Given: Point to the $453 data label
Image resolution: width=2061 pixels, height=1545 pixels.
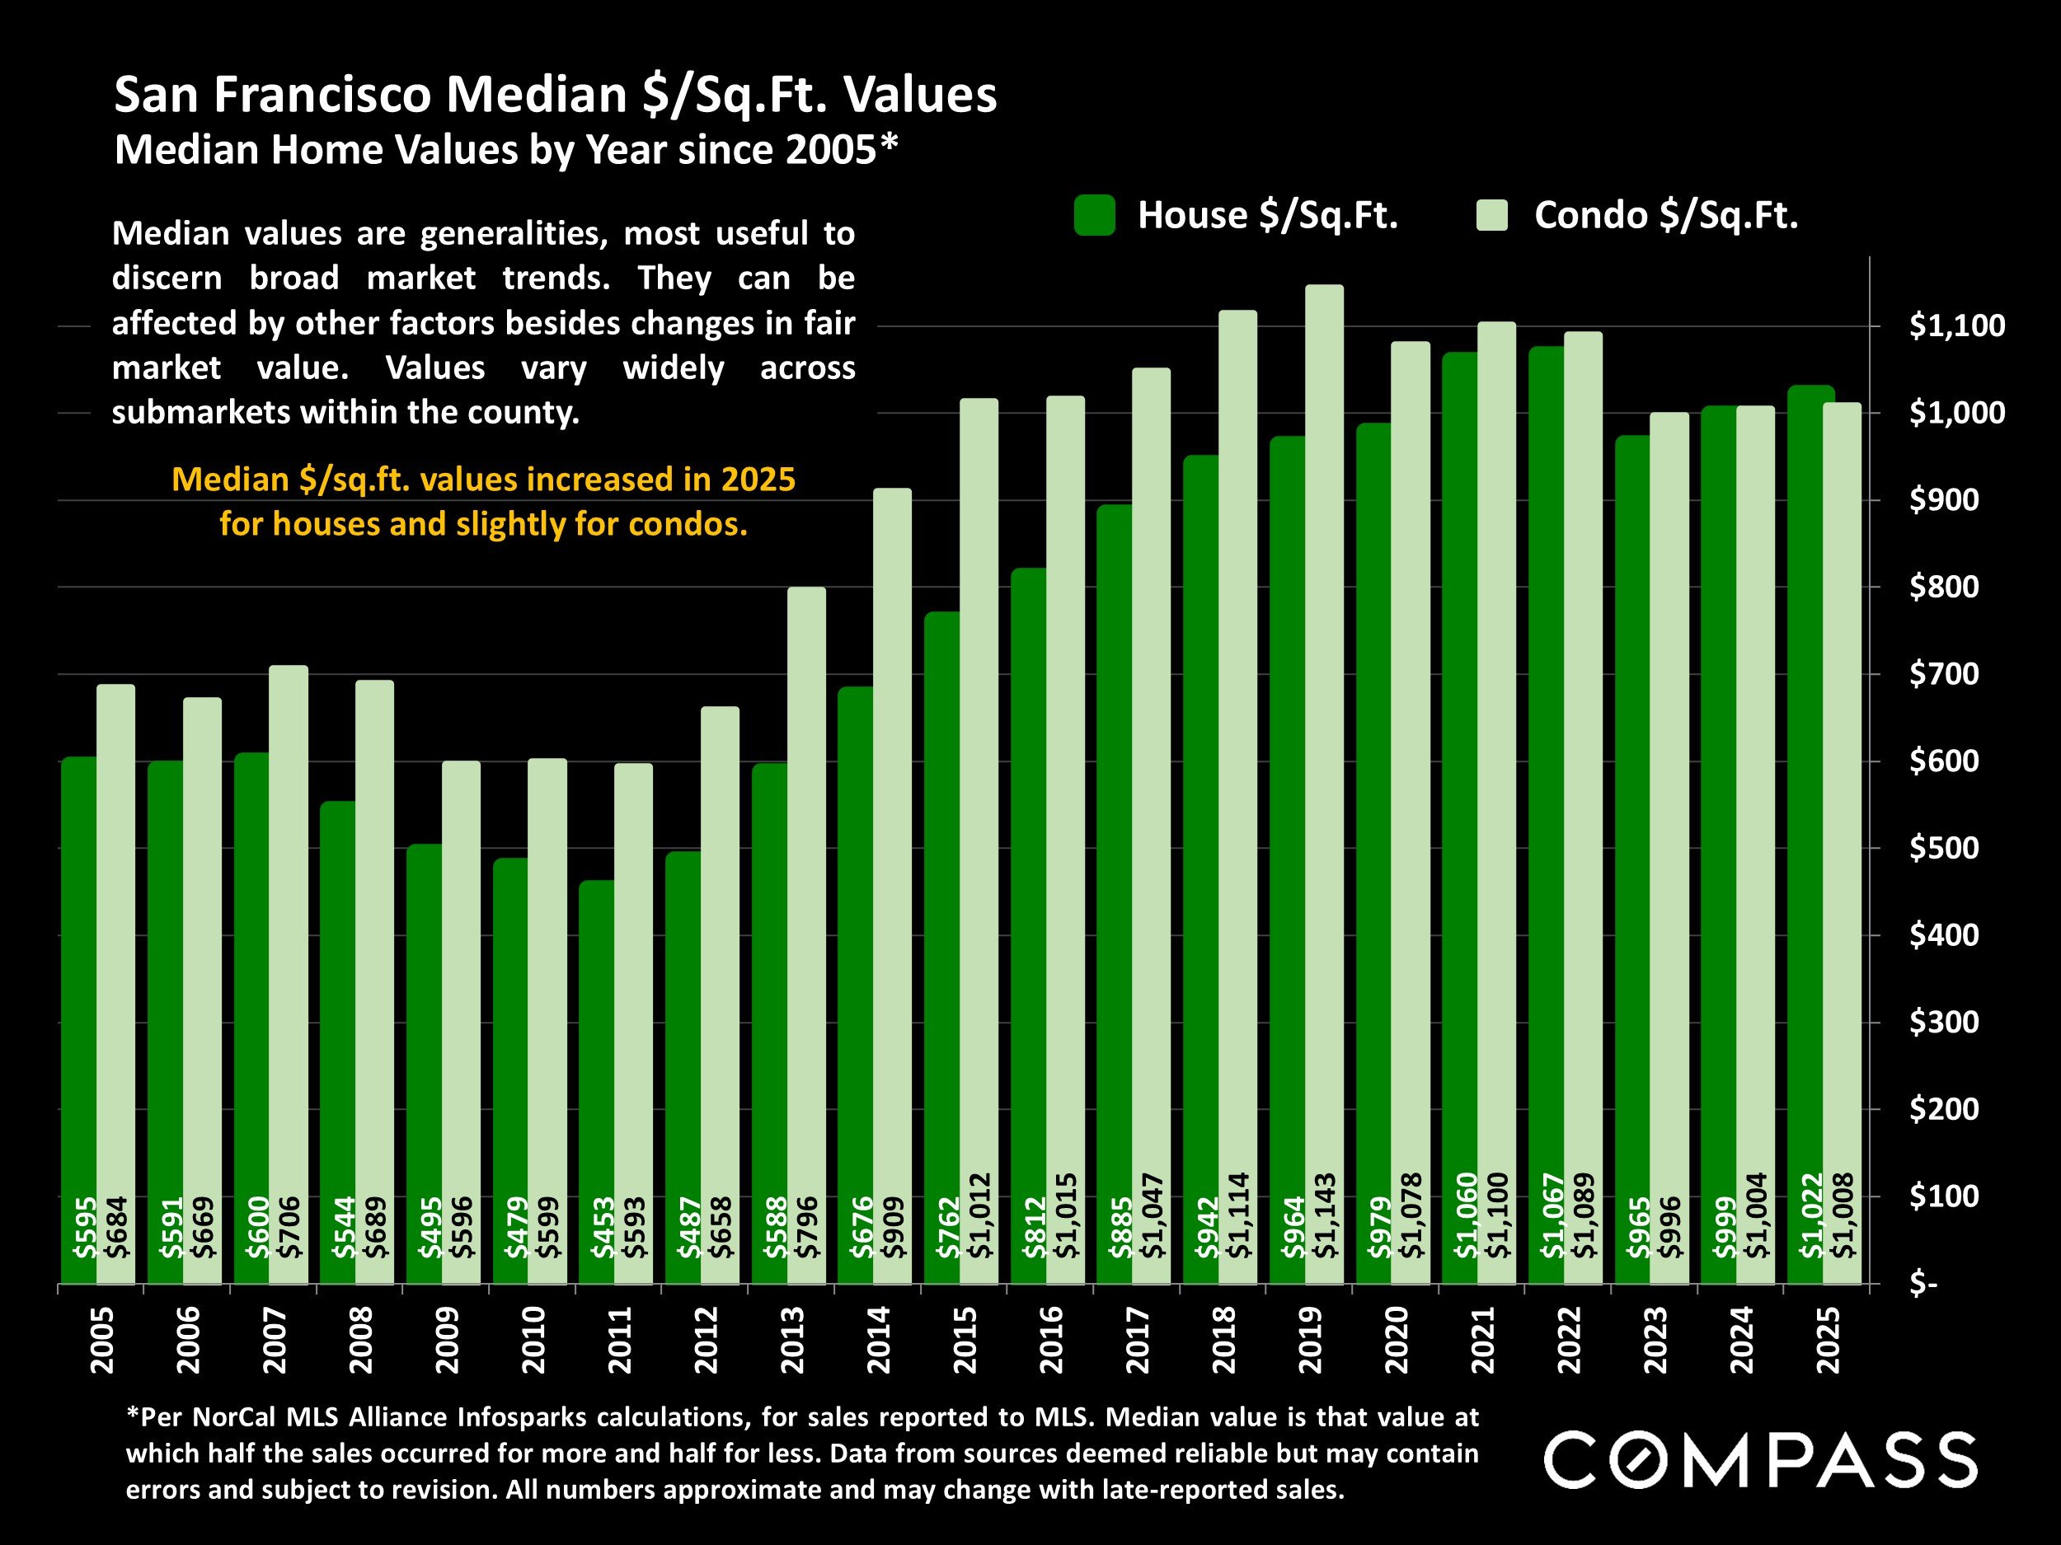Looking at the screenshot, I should click(603, 1228).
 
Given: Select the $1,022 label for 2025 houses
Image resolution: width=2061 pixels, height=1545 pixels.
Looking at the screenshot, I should click(1810, 1215).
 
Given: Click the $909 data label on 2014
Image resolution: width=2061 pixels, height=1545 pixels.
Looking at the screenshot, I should click(894, 1228).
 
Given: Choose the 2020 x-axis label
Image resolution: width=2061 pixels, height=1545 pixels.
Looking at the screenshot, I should click(1397, 1340).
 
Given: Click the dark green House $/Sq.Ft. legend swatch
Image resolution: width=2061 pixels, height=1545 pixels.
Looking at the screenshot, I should click(1094, 215).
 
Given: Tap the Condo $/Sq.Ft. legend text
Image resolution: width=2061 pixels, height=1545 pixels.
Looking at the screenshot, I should click(1666, 215).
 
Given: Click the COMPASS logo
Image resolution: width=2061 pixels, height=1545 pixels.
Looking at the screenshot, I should click(1760, 1460).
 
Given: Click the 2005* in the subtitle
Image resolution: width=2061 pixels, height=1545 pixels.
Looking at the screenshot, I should click(842, 150).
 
